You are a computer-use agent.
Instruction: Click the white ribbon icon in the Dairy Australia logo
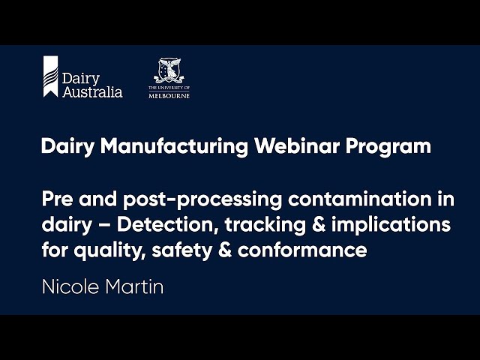pos(50,76)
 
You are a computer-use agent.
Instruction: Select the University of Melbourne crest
pos(169,71)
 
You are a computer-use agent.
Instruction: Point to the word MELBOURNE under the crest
pos(169,96)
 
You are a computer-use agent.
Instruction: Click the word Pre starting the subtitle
pos(56,200)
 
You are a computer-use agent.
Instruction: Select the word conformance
pos(302,250)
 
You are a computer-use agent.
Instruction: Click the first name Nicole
pos(68,287)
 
